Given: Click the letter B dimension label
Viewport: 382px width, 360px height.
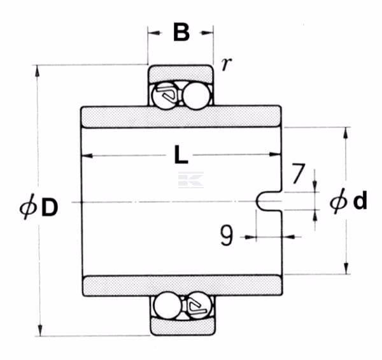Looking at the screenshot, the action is (181, 32).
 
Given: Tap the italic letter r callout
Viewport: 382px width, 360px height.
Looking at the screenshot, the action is (226, 64).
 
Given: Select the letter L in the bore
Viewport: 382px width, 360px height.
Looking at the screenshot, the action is (181, 154).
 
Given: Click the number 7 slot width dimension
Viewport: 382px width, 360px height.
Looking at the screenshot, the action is (298, 173).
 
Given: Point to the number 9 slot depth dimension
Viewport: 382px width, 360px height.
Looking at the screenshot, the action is (227, 235).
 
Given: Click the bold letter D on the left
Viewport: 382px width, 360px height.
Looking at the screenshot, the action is (50, 207).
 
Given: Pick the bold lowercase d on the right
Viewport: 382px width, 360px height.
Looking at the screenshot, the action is (360, 200).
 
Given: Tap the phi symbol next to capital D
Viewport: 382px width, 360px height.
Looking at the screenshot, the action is (28, 207).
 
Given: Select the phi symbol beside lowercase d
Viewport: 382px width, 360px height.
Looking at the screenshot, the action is (339, 201).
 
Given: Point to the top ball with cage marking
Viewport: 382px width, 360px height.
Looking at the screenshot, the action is (165, 95).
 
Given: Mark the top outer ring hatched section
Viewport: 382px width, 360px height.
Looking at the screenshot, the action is (181, 73).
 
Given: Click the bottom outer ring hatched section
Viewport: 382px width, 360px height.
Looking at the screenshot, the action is (183, 326).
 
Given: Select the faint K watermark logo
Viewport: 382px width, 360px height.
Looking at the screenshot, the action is (191, 180).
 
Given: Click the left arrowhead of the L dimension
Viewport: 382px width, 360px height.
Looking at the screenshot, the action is (87, 156).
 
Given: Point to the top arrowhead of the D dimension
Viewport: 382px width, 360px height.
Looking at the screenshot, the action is (37, 71).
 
